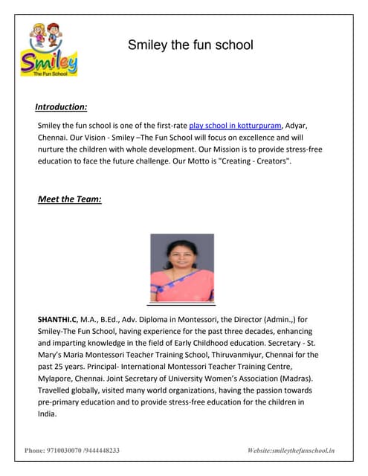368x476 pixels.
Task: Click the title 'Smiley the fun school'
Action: click(x=190, y=45)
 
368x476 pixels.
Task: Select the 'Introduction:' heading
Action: click(x=61, y=106)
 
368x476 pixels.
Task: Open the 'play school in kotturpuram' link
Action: click(x=235, y=126)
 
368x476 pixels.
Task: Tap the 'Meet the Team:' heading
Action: click(x=70, y=199)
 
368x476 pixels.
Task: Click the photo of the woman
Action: click(x=181, y=268)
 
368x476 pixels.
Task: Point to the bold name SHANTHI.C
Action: click(x=57, y=319)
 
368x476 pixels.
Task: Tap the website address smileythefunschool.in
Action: click(x=303, y=451)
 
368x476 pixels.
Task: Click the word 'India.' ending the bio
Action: click(x=47, y=414)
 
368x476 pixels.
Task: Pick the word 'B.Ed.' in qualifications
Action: click(x=112, y=319)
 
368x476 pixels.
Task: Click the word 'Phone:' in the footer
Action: click(x=35, y=451)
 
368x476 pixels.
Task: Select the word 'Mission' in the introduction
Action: click(x=213, y=149)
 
